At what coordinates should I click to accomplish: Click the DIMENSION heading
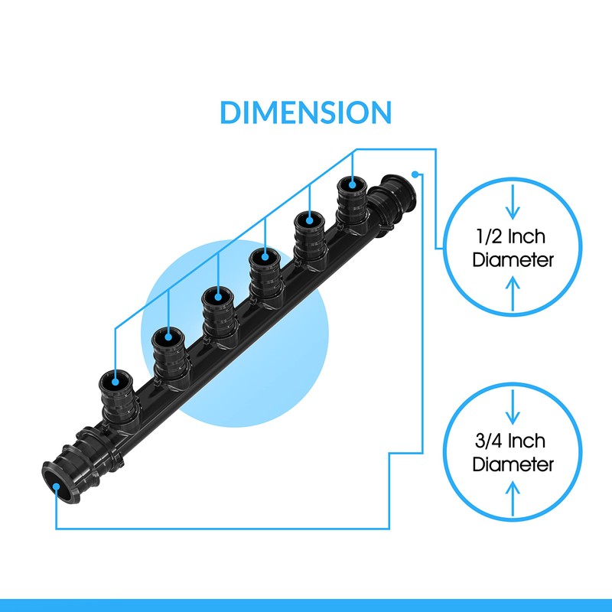click(x=305, y=112)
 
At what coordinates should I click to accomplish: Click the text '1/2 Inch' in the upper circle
click(x=510, y=236)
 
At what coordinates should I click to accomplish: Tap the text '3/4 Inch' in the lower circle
click(x=510, y=441)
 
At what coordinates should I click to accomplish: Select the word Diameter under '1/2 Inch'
click(x=513, y=260)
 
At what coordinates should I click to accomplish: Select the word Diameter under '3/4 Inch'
click(x=513, y=464)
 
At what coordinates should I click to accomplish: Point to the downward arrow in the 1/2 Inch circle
click(x=513, y=202)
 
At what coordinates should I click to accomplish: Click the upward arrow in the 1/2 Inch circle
click(x=513, y=294)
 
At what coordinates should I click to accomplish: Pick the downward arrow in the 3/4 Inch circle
click(x=513, y=407)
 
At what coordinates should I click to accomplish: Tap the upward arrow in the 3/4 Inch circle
click(x=513, y=499)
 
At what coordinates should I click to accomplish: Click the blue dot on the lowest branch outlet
click(x=116, y=382)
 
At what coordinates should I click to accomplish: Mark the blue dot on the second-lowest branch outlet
click(x=168, y=337)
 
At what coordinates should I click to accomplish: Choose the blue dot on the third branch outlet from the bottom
click(x=218, y=297)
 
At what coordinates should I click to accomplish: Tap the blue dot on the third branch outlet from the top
click(x=265, y=257)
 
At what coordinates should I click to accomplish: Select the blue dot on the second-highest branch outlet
click(x=310, y=220)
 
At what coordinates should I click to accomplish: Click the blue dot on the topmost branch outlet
click(x=352, y=184)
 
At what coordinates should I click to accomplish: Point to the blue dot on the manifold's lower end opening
click(x=56, y=487)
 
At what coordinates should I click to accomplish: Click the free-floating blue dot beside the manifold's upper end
click(x=415, y=174)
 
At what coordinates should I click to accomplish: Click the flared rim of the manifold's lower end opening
click(x=47, y=474)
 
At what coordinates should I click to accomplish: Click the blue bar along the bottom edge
click(x=306, y=605)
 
